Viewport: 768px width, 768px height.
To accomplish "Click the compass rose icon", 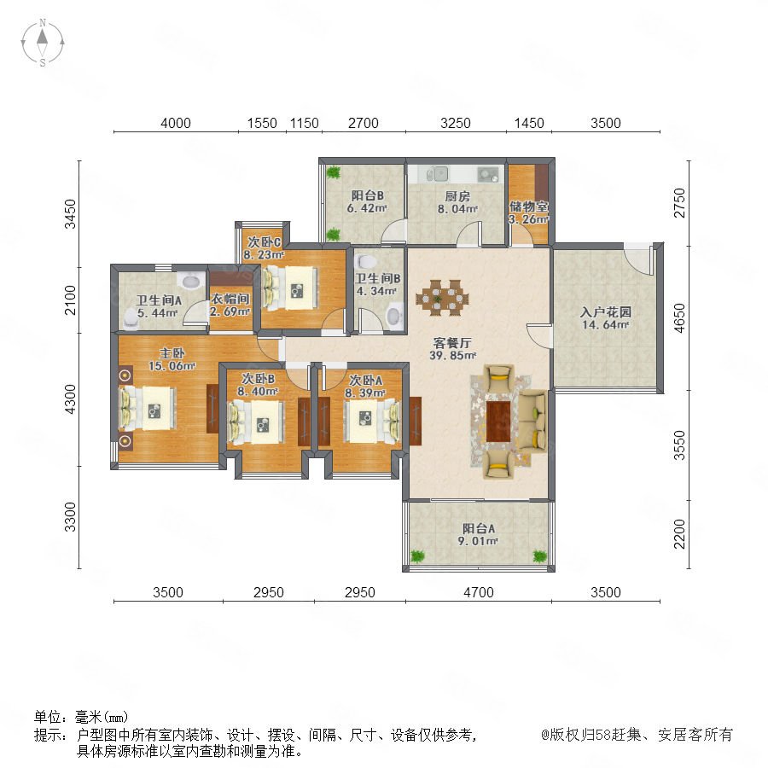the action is click(x=43, y=43).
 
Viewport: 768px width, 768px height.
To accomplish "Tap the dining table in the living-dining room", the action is click(x=442, y=297).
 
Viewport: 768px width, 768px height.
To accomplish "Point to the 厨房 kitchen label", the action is click(x=457, y=196).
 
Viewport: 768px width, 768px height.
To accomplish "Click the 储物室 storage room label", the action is click(x=529, y=207).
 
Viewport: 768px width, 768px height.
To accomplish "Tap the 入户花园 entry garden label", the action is click(x=606, y=312).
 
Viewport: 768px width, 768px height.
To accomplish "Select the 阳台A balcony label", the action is click(x=479, y=528).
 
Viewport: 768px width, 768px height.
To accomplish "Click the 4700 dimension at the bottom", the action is click(x=479, y=592).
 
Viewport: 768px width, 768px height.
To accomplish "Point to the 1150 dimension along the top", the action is click(x=304, y=123).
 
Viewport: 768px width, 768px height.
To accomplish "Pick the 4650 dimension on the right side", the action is click(x=679, y=318).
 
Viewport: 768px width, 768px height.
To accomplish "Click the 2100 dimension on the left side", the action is click(x=71, y=300).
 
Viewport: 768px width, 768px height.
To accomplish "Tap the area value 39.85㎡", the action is click(x=453, y=355).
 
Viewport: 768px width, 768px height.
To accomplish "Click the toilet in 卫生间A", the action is click(x=131, y=318).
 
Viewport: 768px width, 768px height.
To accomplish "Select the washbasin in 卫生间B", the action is click(x=393, y=316).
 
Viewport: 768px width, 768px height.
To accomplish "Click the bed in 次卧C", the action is click(x=290, y=288).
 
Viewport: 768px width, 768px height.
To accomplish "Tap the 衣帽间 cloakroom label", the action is click(x=230, y=299).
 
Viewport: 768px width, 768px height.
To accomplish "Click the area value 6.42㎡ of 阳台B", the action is click(x=367, y=208).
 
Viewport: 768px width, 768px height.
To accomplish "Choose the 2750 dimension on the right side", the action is click(x=679, y=203).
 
